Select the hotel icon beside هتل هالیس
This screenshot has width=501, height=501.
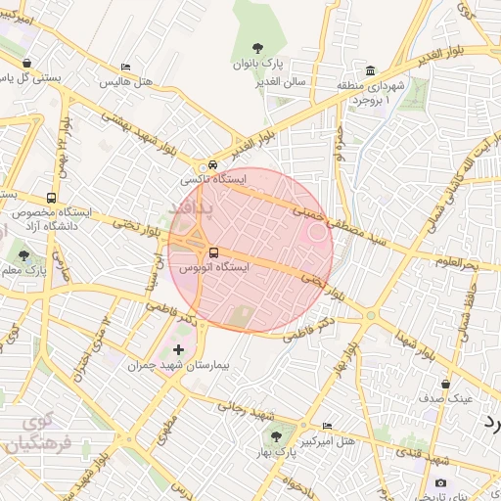[124, 68]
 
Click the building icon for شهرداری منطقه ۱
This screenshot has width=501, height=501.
[370, 70]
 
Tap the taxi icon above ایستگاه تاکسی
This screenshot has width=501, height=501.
[212, 165]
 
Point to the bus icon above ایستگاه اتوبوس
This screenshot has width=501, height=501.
[214, 252]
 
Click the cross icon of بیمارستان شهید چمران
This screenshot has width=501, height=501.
[177, 349]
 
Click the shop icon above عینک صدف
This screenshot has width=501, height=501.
[446, 385]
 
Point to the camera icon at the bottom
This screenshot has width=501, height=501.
[440, 482]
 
